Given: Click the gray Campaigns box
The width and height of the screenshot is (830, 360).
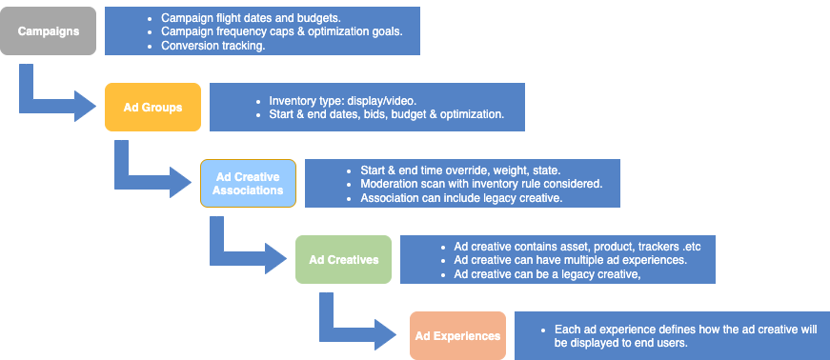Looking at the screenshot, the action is (x=49, y=30).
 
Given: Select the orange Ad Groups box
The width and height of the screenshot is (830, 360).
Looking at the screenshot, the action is (x=152, y=107).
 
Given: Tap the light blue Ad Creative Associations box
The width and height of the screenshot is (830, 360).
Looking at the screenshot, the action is (x=248, y=183).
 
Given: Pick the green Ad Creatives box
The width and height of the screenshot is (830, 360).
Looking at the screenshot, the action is (x=344, y=259).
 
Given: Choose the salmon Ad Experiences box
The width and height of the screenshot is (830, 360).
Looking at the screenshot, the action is (x=457, y=335).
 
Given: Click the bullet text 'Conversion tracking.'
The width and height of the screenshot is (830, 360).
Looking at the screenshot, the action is (x=213, y=46).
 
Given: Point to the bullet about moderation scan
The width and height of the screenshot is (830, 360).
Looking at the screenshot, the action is (x=481, y=184).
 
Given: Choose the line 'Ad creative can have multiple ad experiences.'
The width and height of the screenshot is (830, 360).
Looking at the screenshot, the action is (x=571, y=260).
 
